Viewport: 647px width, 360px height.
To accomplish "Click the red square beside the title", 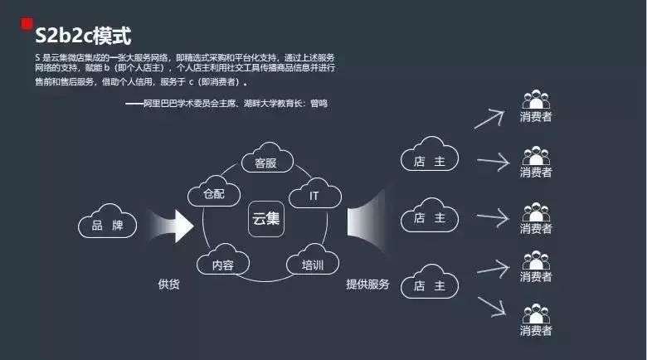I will point(27,24).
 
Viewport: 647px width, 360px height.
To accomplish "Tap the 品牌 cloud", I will point(108,224).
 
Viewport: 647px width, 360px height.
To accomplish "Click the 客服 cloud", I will point(265,162).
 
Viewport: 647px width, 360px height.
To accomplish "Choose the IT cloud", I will point(314,195).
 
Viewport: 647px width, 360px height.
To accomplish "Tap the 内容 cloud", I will point(222,265).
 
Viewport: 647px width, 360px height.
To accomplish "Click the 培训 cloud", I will point(313,265).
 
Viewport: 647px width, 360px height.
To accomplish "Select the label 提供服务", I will point(367,284).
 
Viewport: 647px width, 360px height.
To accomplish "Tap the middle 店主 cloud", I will point(429,218).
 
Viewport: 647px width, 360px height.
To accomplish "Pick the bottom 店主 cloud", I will point(429,285).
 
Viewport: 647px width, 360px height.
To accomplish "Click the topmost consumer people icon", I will point(536,100).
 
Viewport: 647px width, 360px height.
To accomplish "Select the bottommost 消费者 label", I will point(536,331).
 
